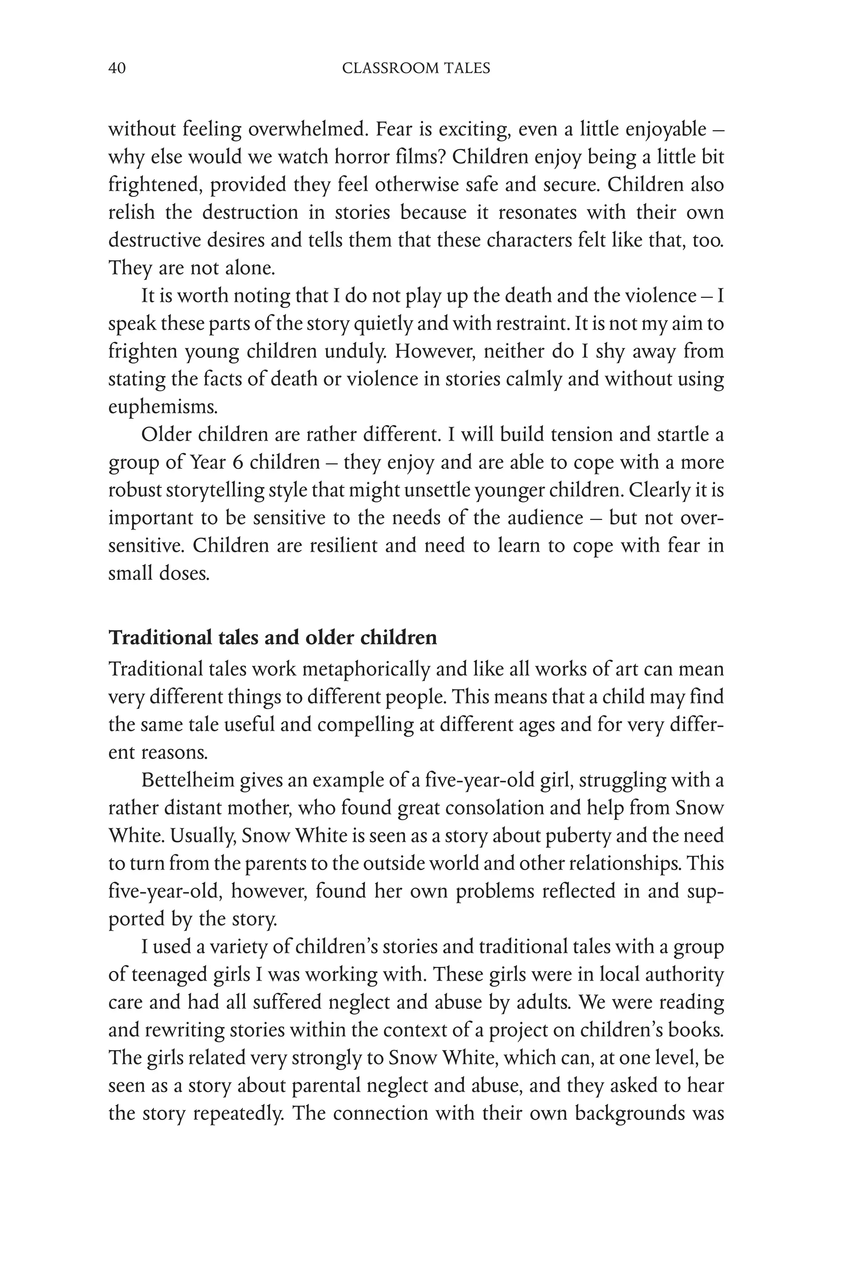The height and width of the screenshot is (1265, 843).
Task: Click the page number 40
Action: coord(117,68)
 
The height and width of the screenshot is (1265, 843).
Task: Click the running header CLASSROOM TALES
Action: coord(416,68)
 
